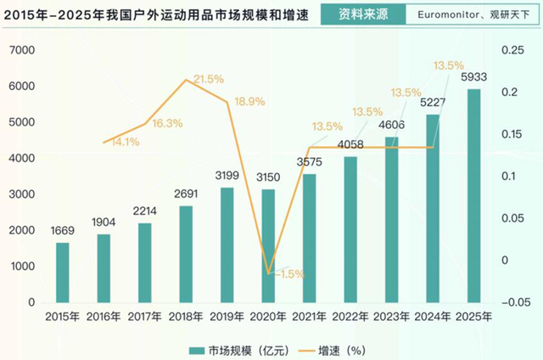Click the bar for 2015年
[63, 272]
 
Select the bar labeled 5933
[474, 195]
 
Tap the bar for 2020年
[268, 245]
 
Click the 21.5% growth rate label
[208, 79]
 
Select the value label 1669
[62, 231]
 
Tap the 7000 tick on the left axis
[22, 51]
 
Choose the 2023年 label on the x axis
[392, 317]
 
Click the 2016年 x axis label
[104, 317]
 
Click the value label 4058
[350, 144]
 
